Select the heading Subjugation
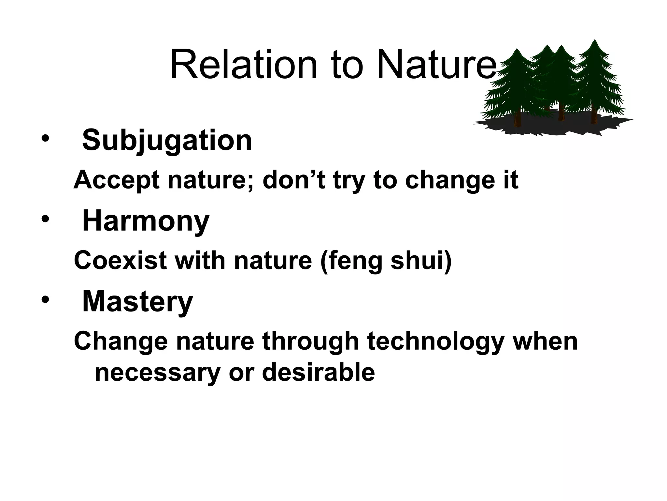[x=167, y=140]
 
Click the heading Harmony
[x=146, y=221]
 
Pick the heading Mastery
[x=137, y=302]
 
